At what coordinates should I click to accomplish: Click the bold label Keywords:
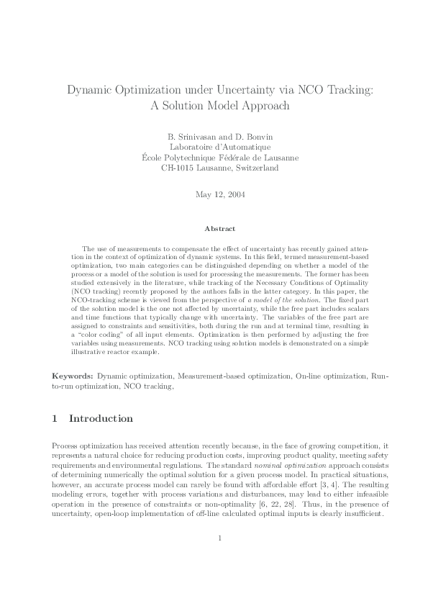73,376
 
